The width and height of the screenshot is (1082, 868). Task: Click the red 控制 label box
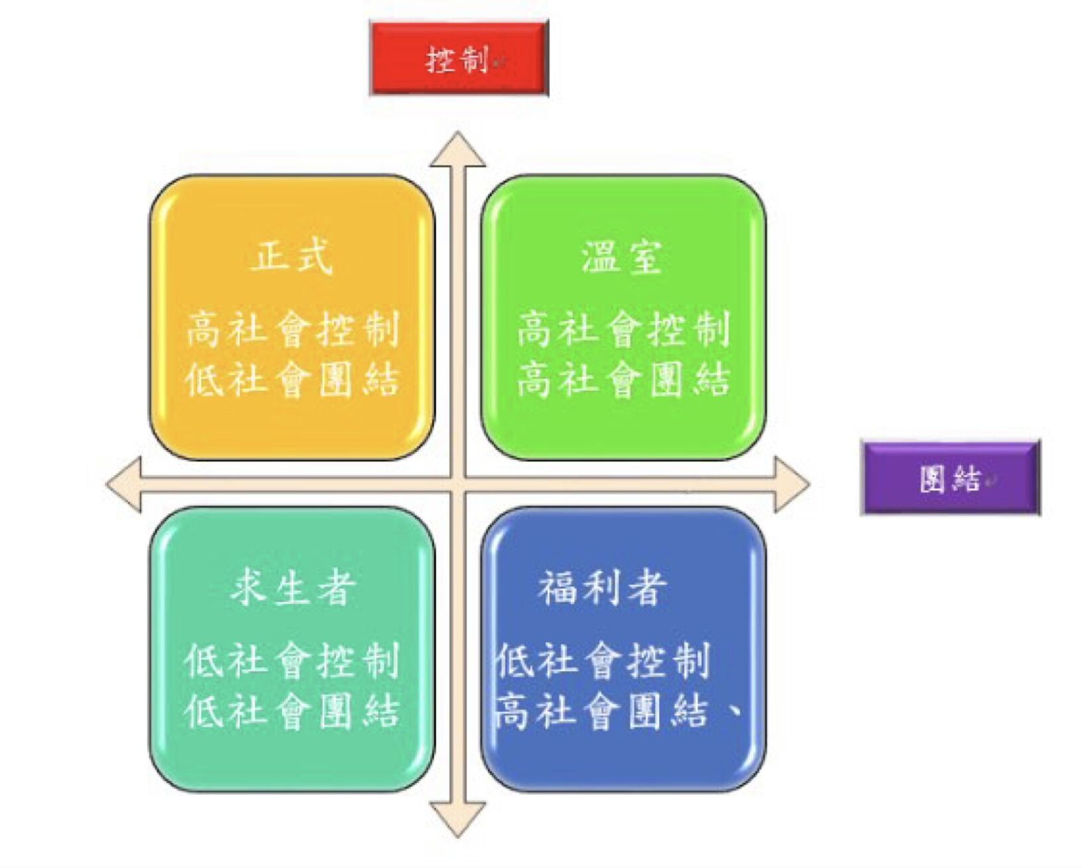[459, 59]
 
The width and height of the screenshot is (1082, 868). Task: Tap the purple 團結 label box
[950, 478]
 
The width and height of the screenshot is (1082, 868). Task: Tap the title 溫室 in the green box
[622, 257]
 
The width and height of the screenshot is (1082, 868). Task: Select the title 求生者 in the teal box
[293, 588]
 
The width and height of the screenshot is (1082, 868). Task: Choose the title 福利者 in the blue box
[602, 588]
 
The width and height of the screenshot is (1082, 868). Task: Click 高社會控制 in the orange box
[293, 329]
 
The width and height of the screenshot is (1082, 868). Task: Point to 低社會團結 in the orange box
[293, 380]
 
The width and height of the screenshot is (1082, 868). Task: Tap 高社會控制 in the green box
[623, 329]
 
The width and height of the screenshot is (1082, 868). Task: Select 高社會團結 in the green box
[623, 380]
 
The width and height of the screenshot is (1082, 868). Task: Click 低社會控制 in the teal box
[293, 661]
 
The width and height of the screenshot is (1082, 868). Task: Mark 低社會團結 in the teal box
[293, 711]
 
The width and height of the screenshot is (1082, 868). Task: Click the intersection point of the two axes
[457, 484]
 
